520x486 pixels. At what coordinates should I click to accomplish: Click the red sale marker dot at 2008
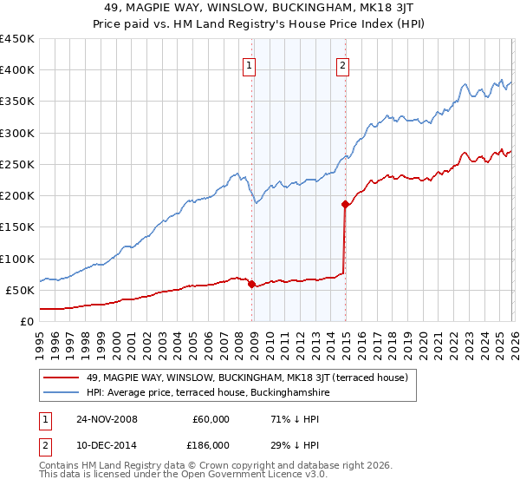pyautogui.click(x=251, y=284)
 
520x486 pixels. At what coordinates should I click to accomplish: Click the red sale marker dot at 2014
pyautogui.click(x=345, y=205)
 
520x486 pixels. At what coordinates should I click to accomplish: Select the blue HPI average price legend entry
pyautogui.click(x=208, y=393)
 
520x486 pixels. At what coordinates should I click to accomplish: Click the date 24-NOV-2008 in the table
pyautogui.click(x=107, y=419)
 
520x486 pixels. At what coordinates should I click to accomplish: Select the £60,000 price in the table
pyautogui.click(x=210, y=419)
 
